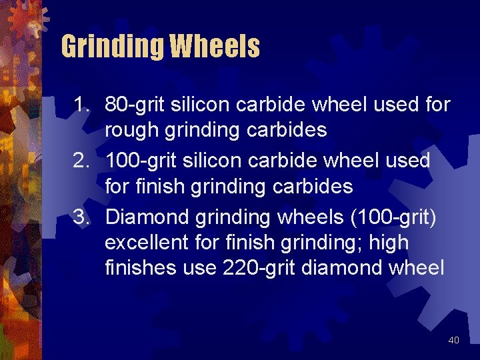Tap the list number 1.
[x=81, y=105]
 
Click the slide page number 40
[x=453, y=341]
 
